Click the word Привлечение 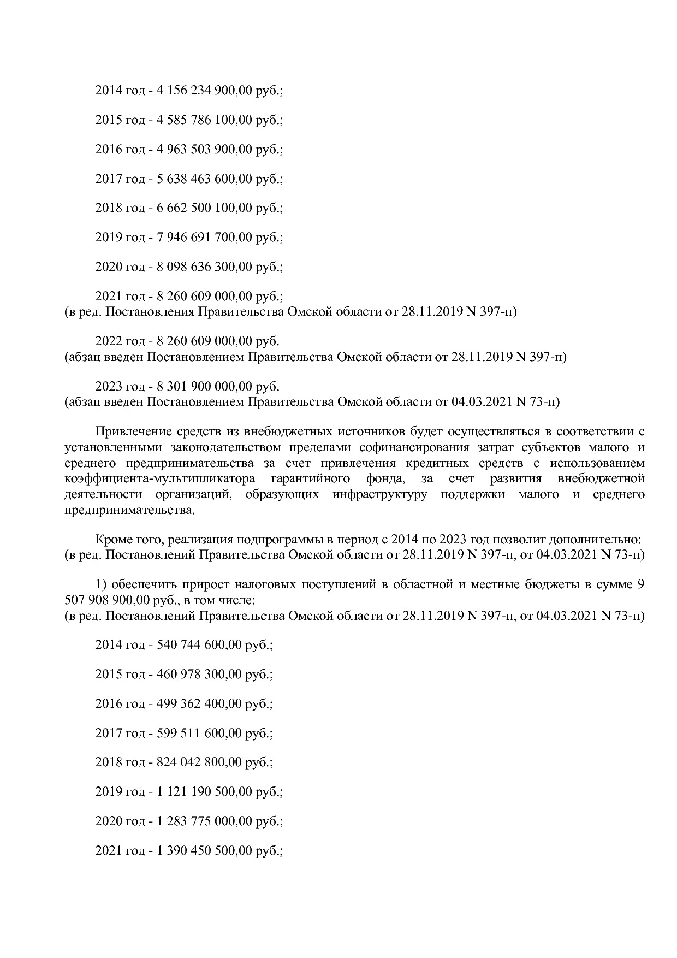133,431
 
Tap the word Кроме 112,540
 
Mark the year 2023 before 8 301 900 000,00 109,387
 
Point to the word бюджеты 537,585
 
